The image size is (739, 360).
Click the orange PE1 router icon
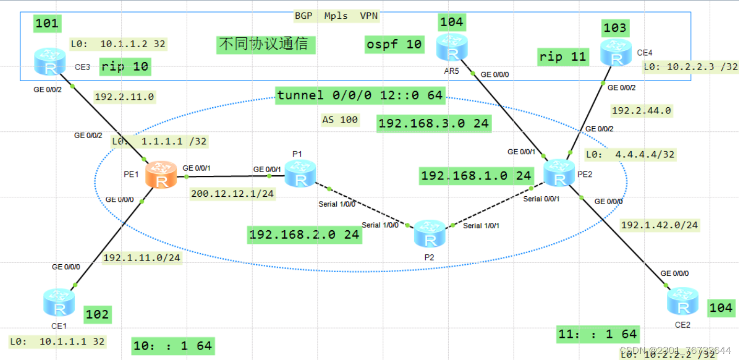(162, 175)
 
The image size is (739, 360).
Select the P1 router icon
(300, 173)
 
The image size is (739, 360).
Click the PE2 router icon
(560, 173)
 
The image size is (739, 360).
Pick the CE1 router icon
(59, 303)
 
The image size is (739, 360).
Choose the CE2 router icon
(683, 301)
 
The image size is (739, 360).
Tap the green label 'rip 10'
(125, 66)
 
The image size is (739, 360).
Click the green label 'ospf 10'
(394, 44)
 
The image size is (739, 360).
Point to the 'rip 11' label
(563, 57)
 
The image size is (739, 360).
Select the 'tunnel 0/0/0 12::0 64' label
(360, 95)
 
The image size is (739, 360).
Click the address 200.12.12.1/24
(233, 193)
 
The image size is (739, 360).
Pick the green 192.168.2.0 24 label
(304, 235)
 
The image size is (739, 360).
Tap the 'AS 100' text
(340, 120)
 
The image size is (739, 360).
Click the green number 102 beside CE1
(97, 314)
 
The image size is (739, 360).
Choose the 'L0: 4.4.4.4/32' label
(630, 154)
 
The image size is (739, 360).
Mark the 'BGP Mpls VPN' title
(336, 16)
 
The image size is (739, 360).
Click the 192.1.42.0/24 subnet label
(659, 225)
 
